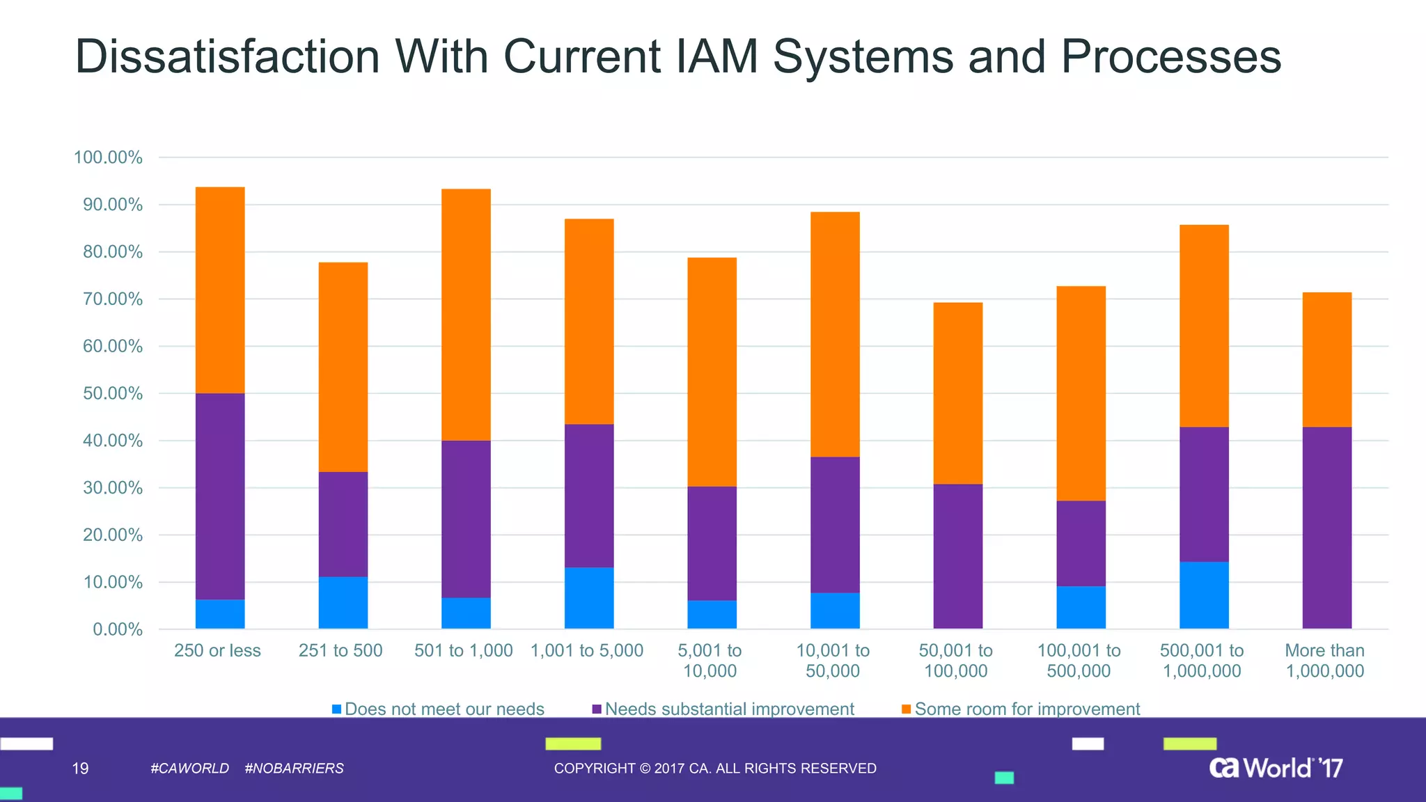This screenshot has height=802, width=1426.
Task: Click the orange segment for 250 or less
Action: (x=220, y=290)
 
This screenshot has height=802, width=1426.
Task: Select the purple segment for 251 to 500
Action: (x=343, y=524)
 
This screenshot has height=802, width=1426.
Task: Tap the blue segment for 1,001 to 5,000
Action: (x=589, y=598)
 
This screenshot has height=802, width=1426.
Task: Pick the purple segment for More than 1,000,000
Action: (x=1327, y=528)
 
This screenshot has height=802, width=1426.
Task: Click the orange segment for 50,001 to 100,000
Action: (x=958, y=393)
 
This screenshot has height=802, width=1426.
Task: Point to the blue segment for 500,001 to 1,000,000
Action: (x=1204, y=595)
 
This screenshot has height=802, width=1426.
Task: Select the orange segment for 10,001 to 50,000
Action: (x=835, y=334)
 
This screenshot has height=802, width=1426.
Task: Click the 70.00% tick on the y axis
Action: (x=113, y=299)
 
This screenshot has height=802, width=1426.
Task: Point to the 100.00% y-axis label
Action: (x=108, y=157)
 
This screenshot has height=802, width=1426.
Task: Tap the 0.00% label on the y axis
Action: (x=118, y=629)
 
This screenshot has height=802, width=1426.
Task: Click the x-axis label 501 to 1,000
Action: (x=463, y=651)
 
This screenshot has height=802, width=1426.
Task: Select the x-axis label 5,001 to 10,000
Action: (x=710, y=661)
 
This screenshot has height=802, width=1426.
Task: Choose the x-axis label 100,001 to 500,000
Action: (x=1079, y=661)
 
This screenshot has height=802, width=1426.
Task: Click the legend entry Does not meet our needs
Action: (x=444, y=709)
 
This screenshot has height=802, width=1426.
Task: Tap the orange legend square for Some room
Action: (x=906, y=709)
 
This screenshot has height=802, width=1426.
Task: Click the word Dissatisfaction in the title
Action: (x=227, y=56)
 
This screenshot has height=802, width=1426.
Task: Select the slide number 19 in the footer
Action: (x=80, y=769)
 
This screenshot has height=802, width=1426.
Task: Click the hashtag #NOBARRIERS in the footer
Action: (x=294, y=769)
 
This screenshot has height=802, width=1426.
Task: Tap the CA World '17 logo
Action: (x=1276, y=768)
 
